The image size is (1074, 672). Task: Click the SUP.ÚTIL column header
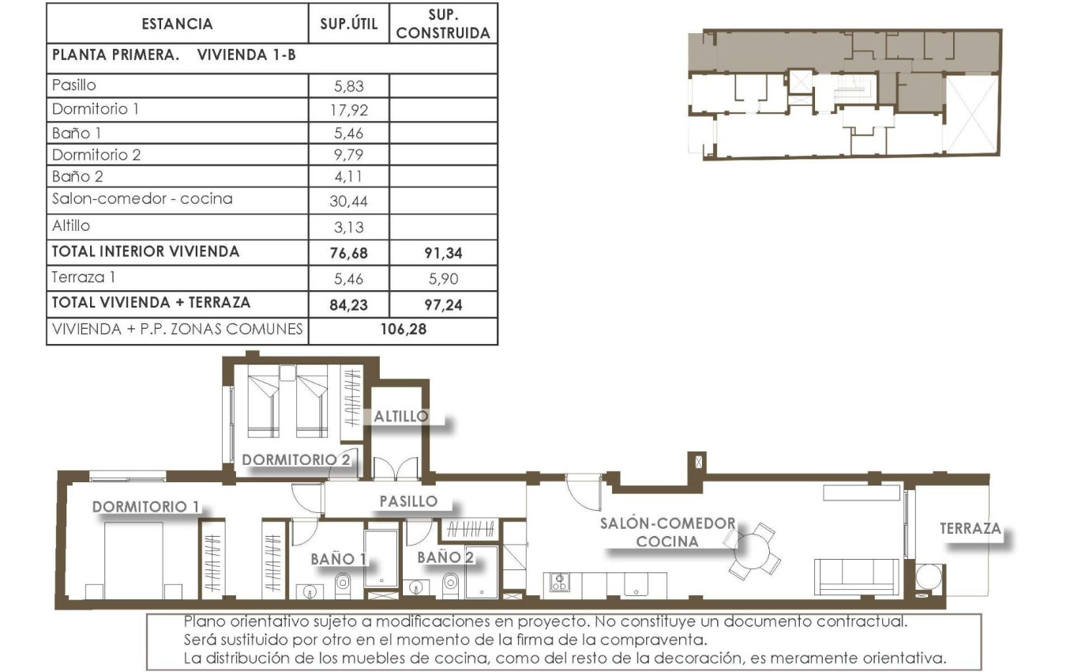[x=348, y=24]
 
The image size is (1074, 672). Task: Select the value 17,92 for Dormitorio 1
[x=348, y=110]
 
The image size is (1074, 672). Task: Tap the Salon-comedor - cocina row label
[x=142, y=199]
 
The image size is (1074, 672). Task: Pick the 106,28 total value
[x=403, y=330]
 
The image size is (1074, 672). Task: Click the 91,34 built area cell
[x=442, y=253]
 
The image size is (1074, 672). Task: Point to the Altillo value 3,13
[x=348, y=227]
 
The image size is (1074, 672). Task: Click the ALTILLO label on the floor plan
[x=401, y=416]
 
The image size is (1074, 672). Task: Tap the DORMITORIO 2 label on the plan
[x=296, y=459]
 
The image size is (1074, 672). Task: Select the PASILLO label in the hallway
[x=408, y=501]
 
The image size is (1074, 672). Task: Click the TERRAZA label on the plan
[x=970, y=528]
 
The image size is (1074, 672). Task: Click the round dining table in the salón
[x=753, y=547]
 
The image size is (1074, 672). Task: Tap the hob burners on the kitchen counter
[x=560, y=583]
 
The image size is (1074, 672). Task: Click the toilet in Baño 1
[x=344, y=583]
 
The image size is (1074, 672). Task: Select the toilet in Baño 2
[x=450, y=583]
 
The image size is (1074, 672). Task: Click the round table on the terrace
[x=929, y=575]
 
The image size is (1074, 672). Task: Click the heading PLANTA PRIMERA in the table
[x=116, y=56]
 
